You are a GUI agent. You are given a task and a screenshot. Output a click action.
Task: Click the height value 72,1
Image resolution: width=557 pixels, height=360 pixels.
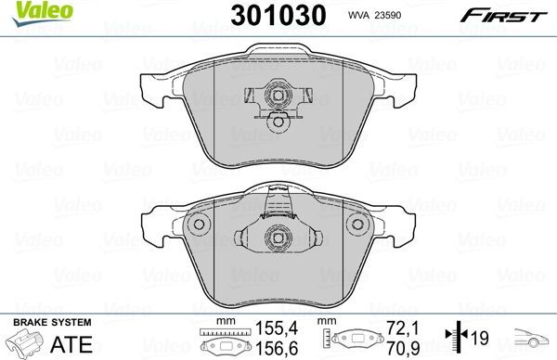(402, 329)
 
